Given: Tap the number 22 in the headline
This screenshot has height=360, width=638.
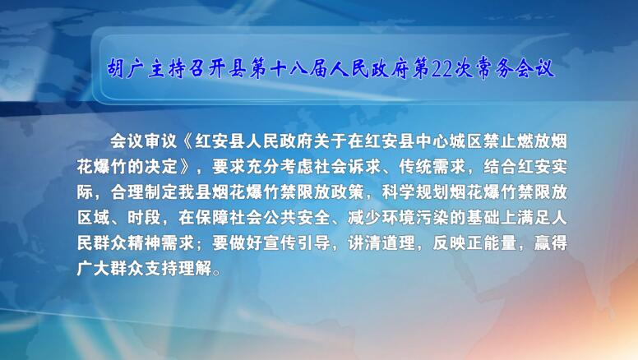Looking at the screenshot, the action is (441, 68).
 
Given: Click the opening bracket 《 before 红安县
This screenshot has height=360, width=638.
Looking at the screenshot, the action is (186, 141).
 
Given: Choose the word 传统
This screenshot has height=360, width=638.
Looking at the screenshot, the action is (415, 167).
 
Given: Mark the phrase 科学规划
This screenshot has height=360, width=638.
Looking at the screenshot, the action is (415, 192).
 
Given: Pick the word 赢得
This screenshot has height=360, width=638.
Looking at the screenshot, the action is (551, 243).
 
